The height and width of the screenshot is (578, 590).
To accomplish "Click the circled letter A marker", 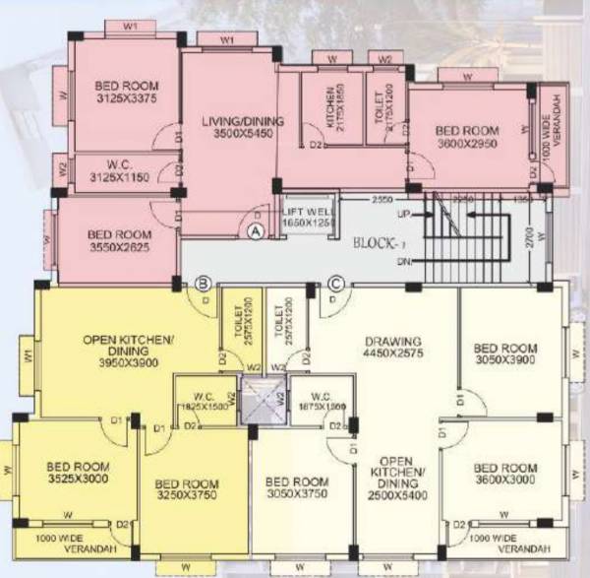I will pyautogui.click(x=256, y=231).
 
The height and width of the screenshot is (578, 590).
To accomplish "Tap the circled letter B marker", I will pyautogui.click(x=202, y=285).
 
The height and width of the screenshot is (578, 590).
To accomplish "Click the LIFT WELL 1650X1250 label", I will pyautogui.click(x=306, y=217).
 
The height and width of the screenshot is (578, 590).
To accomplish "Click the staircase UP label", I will pyautogui.click(x=404, y=214).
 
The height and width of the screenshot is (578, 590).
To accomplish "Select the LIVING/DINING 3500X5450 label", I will pyautogui.click(x=243, y=127).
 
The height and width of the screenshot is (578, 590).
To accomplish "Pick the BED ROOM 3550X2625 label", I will pyautogui.click(x=119, y=240).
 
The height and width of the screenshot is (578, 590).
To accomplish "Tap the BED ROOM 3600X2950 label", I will pyautogui.click(x=468, y=136).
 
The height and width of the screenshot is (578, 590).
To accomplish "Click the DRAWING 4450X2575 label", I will pyautogui.click(x=392, y=348).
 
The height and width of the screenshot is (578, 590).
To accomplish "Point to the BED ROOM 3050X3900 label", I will pyautogui.click(x=505, y=354).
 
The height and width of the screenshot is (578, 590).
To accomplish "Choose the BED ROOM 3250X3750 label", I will pyautogui.click(x=187, y=489).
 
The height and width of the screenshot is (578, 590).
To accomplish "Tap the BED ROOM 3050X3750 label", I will pyautogui.click(x=297, y=488).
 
